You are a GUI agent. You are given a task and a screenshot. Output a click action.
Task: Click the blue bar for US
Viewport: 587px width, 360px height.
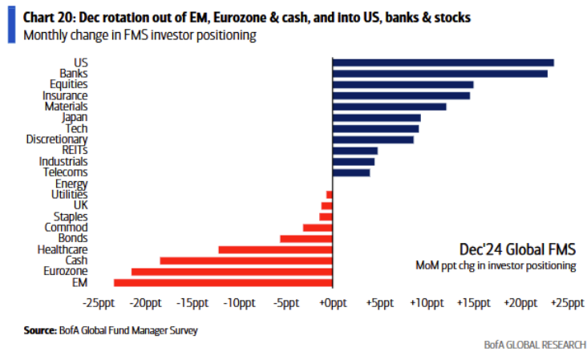click(x=443, y=62)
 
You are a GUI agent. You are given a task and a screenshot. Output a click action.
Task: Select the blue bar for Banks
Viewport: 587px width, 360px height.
click(x=439, y=73)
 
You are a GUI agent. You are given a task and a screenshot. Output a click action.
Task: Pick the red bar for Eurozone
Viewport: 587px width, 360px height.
click(x=232, y=272)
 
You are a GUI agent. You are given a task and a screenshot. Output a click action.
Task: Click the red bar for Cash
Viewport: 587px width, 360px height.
click(x=246, y=261)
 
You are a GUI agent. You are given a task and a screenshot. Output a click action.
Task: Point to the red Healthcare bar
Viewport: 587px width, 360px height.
click(x=275, y=249)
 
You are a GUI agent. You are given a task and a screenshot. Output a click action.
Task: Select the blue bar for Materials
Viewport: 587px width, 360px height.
click(x=389, y=106)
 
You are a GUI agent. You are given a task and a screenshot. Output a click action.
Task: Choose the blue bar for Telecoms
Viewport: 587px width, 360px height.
click(x=351, y=172)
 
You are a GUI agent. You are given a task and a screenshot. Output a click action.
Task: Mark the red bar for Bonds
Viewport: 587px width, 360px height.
click(x=306, y=238)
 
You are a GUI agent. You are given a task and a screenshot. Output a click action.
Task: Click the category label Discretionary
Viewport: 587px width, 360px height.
click(x=57, y=140)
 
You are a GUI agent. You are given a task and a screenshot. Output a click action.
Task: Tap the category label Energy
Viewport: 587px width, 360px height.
click(x=71, y=184)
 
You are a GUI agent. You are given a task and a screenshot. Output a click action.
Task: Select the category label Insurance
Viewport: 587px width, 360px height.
click(x=65, y=95)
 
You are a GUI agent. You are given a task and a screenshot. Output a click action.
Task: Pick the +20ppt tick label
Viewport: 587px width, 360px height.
click(x=520, y=303)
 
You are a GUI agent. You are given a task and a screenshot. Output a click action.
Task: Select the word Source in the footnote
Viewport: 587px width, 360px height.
click(x=38, y=330)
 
